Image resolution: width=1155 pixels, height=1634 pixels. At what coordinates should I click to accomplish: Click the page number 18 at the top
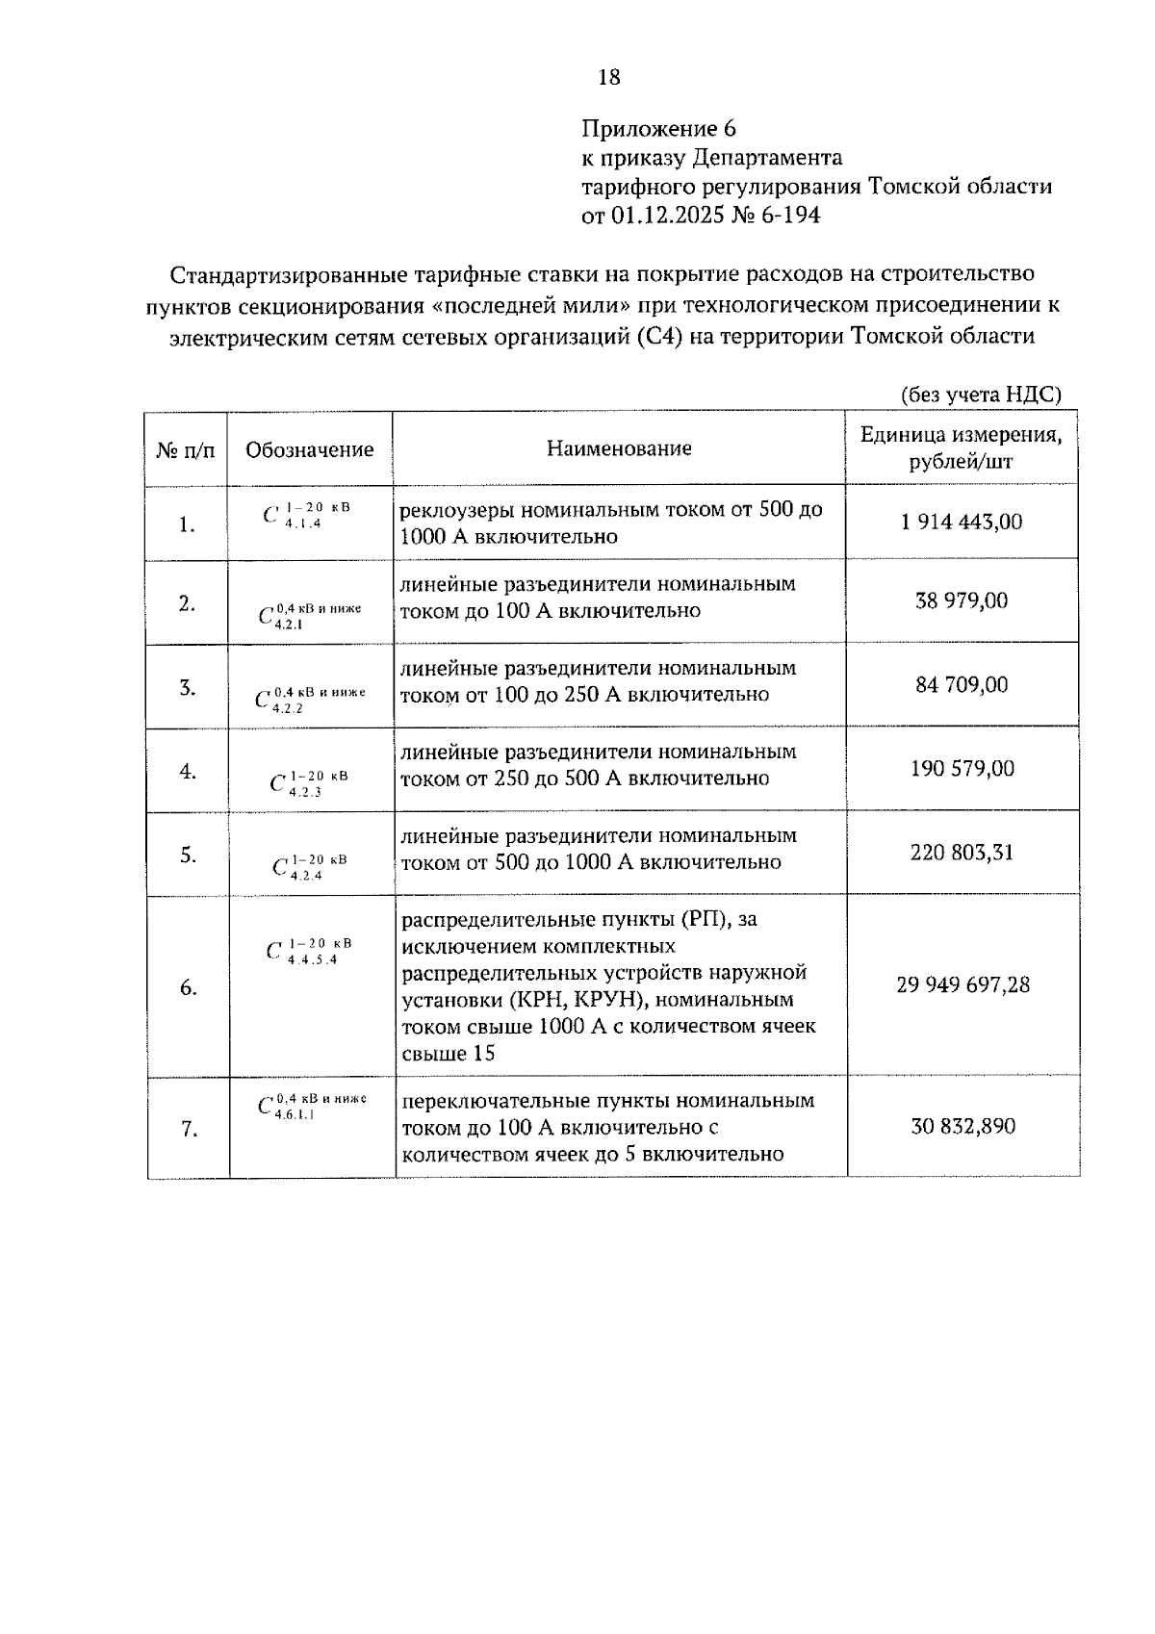tap(609, 78)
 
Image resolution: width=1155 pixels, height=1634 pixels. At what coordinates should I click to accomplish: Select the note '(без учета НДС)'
tap(981, 395)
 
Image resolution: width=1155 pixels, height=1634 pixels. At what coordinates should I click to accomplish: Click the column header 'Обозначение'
tap(309, 449)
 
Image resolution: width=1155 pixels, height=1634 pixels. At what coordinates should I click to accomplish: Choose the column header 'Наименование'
tap(619, 448)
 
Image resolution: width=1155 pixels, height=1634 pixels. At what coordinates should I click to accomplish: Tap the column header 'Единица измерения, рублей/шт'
tap(961, 448)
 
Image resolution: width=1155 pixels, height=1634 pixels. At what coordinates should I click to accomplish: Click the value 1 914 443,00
tap(961, 523)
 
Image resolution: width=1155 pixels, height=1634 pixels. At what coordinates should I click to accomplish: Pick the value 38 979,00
tap(961, 601)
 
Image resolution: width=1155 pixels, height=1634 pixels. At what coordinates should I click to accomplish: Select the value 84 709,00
tap(961, 685)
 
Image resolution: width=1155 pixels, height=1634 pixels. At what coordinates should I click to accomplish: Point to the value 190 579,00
tap(961, 769)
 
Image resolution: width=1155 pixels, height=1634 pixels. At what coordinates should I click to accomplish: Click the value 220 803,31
tap(961, 853)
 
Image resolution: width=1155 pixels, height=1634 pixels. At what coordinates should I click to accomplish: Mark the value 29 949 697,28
tap(962, 985)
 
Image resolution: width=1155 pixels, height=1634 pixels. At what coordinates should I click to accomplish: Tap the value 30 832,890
tap(962, 1127)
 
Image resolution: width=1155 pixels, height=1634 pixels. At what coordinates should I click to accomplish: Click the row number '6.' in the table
tap(188, 988)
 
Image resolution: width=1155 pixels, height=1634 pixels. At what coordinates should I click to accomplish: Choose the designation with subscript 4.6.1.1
tap(311, 1106)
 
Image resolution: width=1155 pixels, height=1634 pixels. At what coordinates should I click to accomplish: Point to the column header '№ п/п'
tap(186, 449)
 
